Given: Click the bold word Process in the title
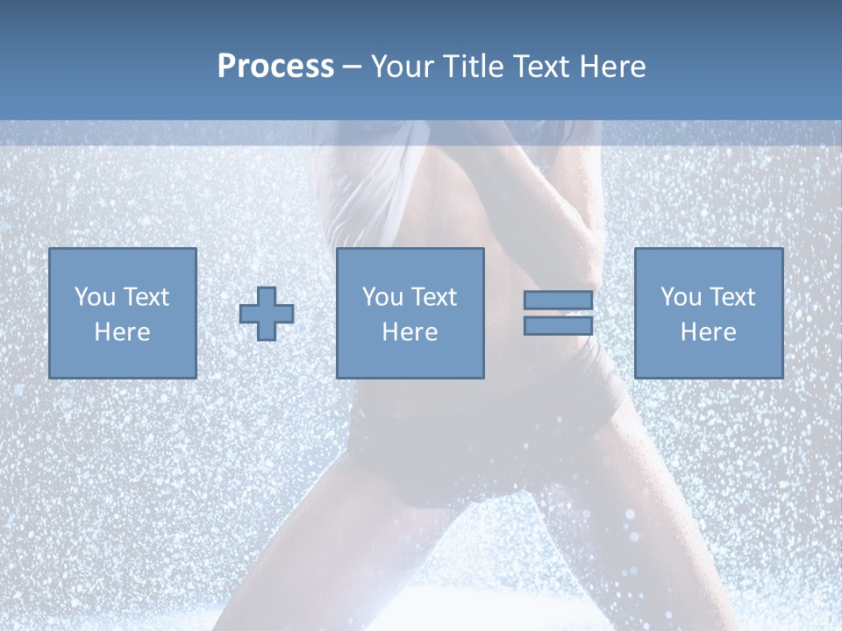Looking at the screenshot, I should tap(275, 67).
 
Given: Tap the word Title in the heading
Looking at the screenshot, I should tap(470, 67).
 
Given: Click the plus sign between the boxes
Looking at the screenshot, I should tap(267, 314).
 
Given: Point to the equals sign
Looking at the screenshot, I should tap(558, 313).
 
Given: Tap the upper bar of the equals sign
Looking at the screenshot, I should tap(558, 301).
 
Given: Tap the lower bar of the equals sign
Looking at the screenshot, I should tap(558, 325).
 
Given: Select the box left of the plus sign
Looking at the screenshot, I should tap(122, 313).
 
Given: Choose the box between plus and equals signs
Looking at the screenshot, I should tap(410, 313).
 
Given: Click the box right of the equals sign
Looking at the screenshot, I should tap(708, 313).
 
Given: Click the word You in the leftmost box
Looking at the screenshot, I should tap(94, 297).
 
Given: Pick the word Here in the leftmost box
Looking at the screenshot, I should tap(122, 332).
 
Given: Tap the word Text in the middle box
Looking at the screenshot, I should tap(434, 297).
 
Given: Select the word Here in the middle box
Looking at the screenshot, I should tap(410, 332).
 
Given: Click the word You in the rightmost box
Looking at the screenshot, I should tap(681, 297).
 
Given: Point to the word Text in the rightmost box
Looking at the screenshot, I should tap(732, 297).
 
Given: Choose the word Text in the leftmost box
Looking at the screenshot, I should tap(146, 297).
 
